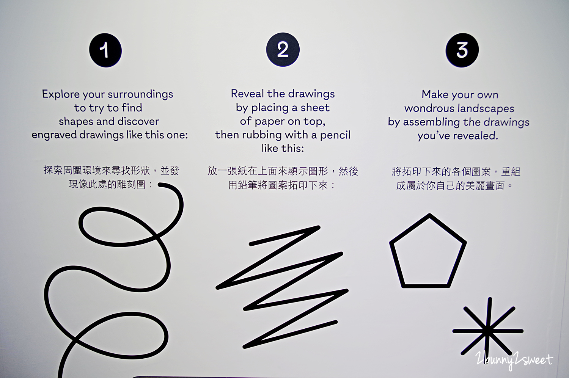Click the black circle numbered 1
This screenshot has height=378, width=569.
pyautogui.click(x=105, y=50)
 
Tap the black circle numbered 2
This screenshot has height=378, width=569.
pyautogui.click(x=283, y=50)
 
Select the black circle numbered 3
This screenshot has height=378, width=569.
pyautogui.click(x=462, y=50)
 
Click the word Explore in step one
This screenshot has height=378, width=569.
pyautogui.click(x=61, y=94)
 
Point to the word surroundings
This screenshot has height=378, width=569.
pyautogui.click(x=140, y=94)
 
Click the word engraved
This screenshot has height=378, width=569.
pyautogui.click(x=54, y=135)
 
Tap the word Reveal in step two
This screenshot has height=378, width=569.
pyautogui.click(x=247, y=93)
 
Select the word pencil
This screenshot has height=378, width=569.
pyautogui.click(x=335, y=135)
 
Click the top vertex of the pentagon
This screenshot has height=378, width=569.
pyautogui.click(x=429, y=215)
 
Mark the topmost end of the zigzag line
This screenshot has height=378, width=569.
pyautogui.click(x=319, y=227)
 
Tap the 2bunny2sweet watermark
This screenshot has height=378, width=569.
pyautogui.click(x=514, y=360)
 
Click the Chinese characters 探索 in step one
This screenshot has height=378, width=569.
pyautogui.click(x=53, y=170)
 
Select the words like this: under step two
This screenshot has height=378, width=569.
pyautogui.click(x=283, y=148)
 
